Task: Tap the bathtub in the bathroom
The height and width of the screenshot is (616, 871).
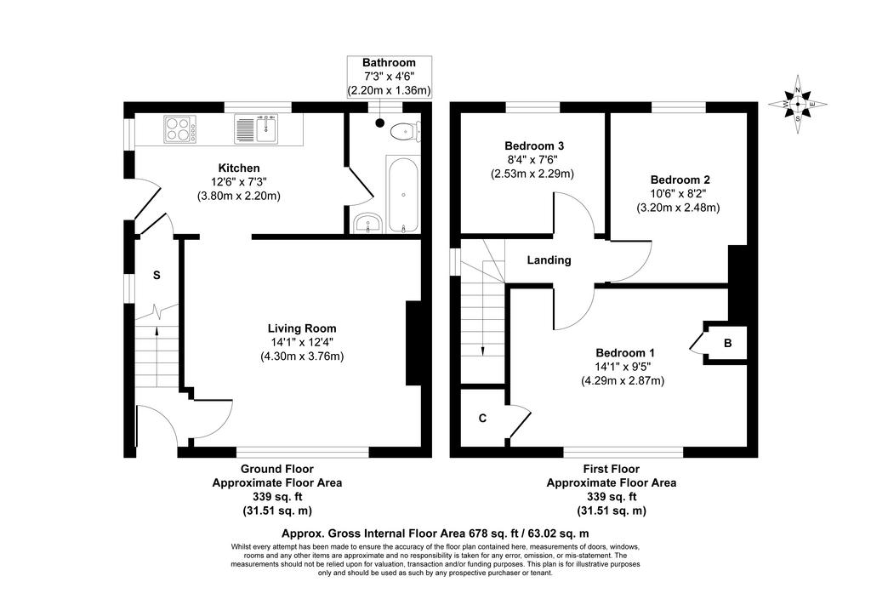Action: point(402,195)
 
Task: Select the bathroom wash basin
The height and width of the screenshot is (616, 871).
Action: point(367,223)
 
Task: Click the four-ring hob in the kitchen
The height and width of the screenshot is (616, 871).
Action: point(180,128)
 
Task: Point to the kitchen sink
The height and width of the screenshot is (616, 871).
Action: point(256,128)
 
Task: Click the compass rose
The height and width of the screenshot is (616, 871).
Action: point(798,104)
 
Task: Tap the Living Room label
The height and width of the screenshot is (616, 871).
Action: point(302,328)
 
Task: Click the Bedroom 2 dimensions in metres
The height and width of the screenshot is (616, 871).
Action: point(678,208)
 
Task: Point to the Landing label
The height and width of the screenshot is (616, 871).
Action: point(549,260)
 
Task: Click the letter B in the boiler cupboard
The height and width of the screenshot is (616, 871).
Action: point(728,343)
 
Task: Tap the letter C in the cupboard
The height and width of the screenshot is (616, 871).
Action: point(483,419)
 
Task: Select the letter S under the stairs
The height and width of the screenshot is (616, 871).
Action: point(157,275)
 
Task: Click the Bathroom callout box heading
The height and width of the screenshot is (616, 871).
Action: point(389,63)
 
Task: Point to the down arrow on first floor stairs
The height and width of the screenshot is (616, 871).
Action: point(482,322)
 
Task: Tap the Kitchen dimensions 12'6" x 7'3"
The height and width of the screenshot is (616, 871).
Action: point(239,181)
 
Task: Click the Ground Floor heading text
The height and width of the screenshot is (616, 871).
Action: point(277,469)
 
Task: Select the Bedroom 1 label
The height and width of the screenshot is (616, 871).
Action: point(625,353)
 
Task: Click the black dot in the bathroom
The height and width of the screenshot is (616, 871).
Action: point(379,123)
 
